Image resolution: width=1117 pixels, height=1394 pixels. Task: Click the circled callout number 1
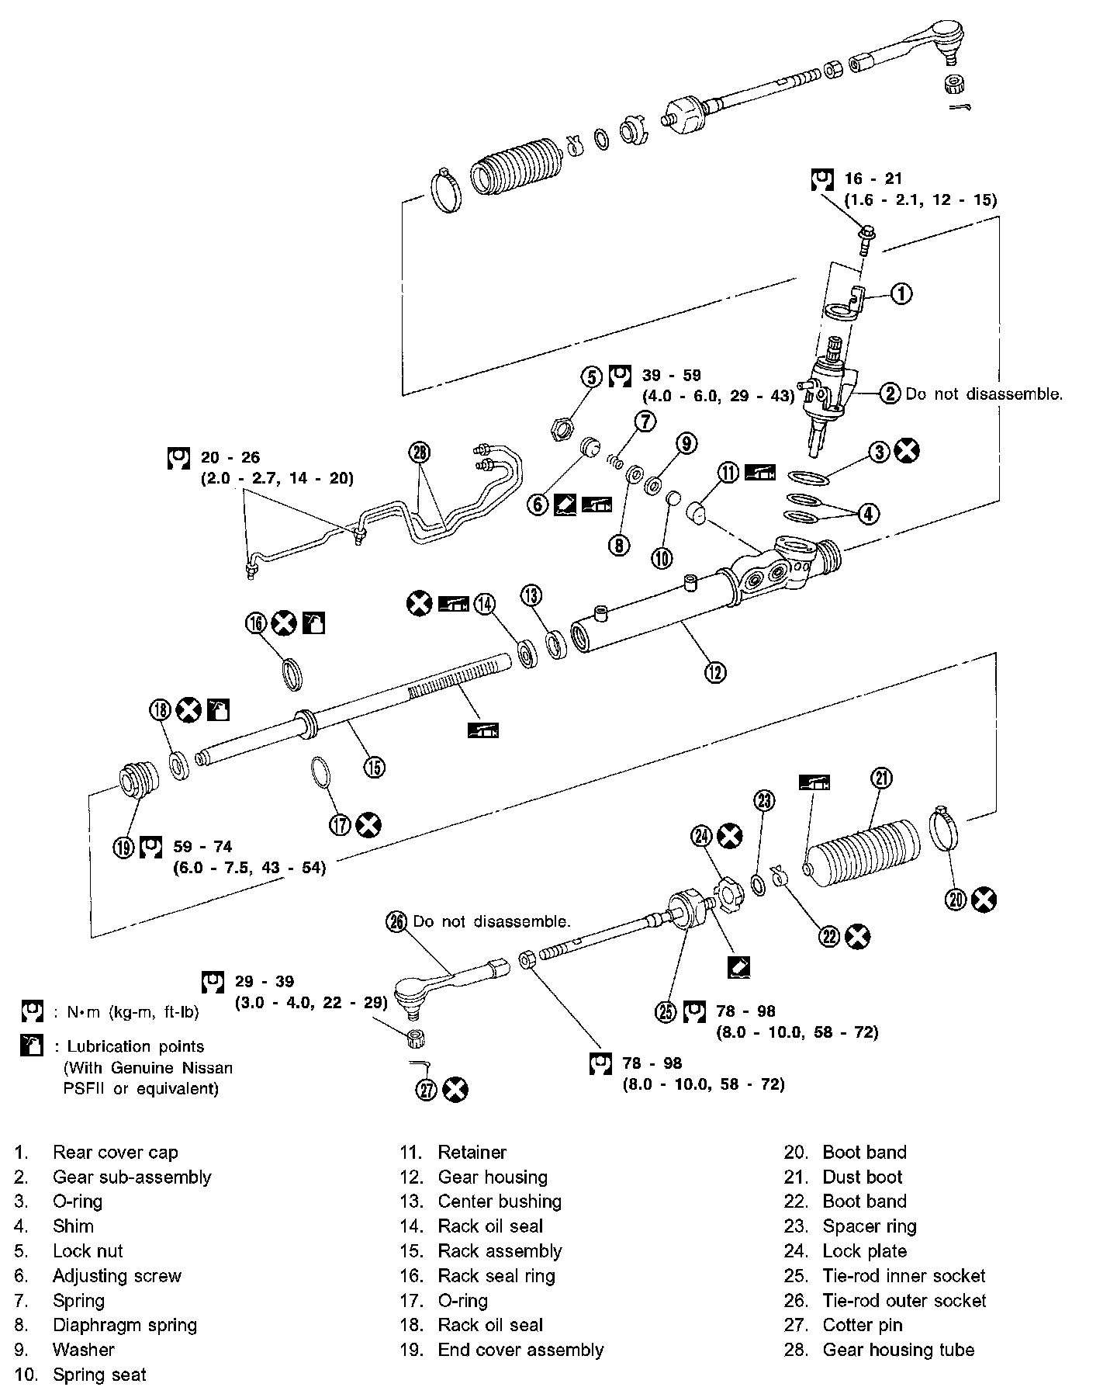tap(900, 294)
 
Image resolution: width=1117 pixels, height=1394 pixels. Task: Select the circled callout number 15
tap(374, 768)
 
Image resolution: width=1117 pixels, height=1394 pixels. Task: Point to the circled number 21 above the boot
tap(881, 778)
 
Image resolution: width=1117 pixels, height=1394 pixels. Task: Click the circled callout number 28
tap(420, 453)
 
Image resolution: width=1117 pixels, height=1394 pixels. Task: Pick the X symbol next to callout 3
tap(907, 451)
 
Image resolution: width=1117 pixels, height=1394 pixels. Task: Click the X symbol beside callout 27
tap(455, 1090)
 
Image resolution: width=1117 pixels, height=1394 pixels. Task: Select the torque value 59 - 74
tap(202, 847)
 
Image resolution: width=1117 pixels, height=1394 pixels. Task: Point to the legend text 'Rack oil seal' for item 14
tap(490, 1226)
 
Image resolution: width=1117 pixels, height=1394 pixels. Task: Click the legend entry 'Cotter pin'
tap(863, 1325)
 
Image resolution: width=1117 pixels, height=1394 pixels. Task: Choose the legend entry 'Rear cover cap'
tap(116, 1152)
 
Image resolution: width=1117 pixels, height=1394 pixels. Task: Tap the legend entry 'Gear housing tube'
tap(898, 1350)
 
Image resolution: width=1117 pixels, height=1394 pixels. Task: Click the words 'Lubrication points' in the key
tap(135, 1046)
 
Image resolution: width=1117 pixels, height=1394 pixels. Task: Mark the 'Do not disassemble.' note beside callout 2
tap(984, 394)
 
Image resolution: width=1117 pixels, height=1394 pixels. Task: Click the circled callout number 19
tap(124, 847)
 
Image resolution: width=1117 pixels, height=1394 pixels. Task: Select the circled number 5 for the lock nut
tap(591, 377)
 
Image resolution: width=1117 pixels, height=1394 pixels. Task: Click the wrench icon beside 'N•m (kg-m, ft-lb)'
tap(32, 1011)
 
